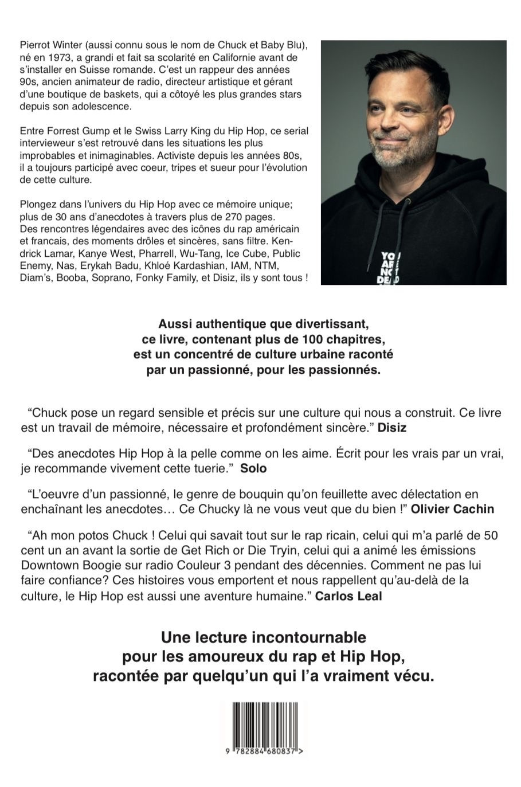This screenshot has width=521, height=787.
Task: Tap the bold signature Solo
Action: [x=253, y=468]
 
